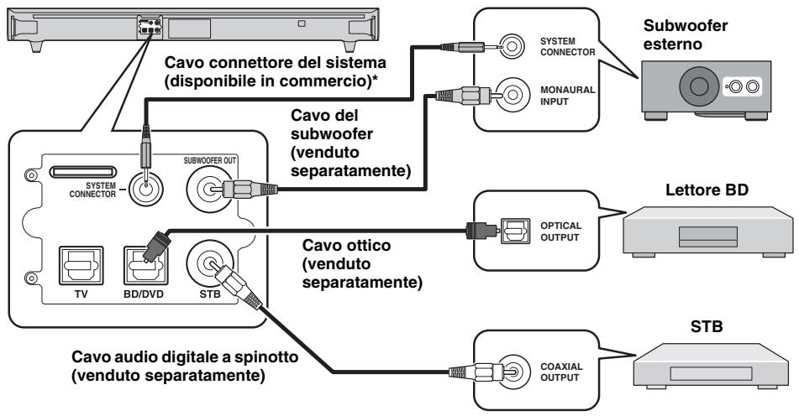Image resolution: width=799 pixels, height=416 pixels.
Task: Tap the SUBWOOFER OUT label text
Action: [210, 161]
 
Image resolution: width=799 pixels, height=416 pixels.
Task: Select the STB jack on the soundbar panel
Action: [210, 263]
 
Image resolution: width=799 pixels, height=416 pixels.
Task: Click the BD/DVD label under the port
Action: [144, 294]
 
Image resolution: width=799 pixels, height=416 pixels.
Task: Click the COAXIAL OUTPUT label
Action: [561, 372]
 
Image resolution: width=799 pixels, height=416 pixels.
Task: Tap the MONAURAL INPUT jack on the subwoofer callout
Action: [513, 94]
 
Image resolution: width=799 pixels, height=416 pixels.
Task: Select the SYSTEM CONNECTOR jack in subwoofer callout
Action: [513, 47]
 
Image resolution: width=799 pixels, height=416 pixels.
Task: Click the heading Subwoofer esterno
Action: [686, 34]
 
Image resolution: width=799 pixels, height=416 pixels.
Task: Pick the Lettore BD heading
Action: [707, 190]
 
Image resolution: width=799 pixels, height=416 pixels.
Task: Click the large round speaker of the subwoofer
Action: [698, 86]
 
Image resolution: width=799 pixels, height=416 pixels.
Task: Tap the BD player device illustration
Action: [707, 231]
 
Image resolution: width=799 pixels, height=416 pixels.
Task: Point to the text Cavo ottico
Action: [346, 245]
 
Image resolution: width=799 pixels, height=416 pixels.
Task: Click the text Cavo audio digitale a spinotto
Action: [185, 356]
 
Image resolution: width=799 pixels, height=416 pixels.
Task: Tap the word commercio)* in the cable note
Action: [334, 81]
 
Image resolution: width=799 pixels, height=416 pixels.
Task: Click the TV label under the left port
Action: [81, 294]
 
